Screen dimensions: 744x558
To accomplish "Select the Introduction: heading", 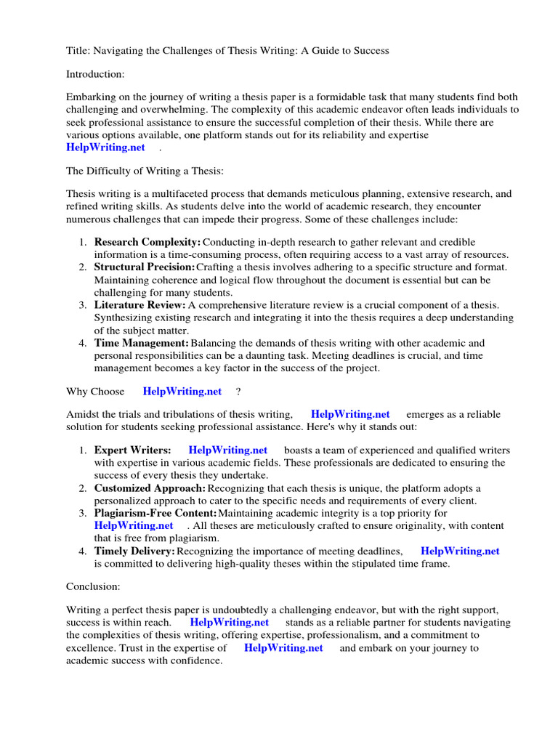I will point(96,74).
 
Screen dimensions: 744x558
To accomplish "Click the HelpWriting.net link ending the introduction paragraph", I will point(106,147).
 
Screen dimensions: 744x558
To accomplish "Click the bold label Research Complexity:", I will point(147,242).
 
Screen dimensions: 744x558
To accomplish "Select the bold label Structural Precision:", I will point(145,267).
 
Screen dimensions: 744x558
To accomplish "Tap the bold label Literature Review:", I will point(140,305).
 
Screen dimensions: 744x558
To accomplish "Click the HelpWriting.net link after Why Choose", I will point(182,392).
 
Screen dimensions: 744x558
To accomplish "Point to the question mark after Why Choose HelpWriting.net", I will point(238,392).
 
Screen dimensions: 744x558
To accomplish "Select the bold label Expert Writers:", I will point(133,450).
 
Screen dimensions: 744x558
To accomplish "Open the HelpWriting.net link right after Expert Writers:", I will point(227,450).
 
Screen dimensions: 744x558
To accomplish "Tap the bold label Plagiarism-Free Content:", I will point(155,514).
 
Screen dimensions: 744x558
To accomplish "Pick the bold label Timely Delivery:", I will point(134,551).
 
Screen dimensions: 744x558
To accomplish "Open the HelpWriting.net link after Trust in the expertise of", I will point(283,648).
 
